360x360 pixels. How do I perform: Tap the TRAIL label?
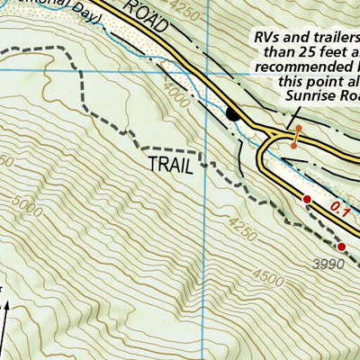click(x=169, y=165)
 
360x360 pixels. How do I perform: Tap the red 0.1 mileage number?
click(x=339, y=209)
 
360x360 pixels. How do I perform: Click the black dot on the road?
click(x=233, y=114)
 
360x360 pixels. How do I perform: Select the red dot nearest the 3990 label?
click(x=341, y=246)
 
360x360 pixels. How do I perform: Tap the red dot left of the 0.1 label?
click(x=307, y=199)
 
